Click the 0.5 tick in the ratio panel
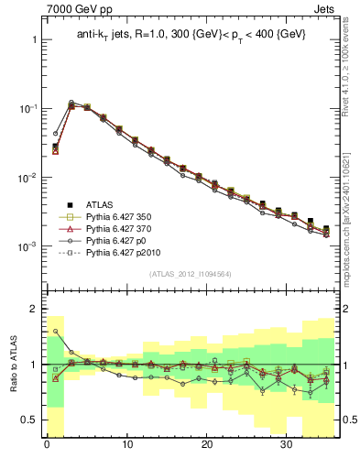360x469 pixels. click(30, 420)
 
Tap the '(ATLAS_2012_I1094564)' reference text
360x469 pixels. click(191, 274)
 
